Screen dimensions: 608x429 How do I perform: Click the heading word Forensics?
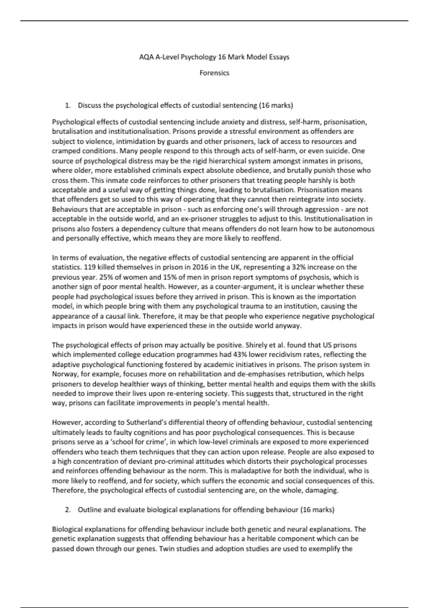coord(214,73)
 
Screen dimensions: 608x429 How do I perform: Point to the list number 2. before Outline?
coord(68,510)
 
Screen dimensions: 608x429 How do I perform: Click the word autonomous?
coord(354,229)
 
